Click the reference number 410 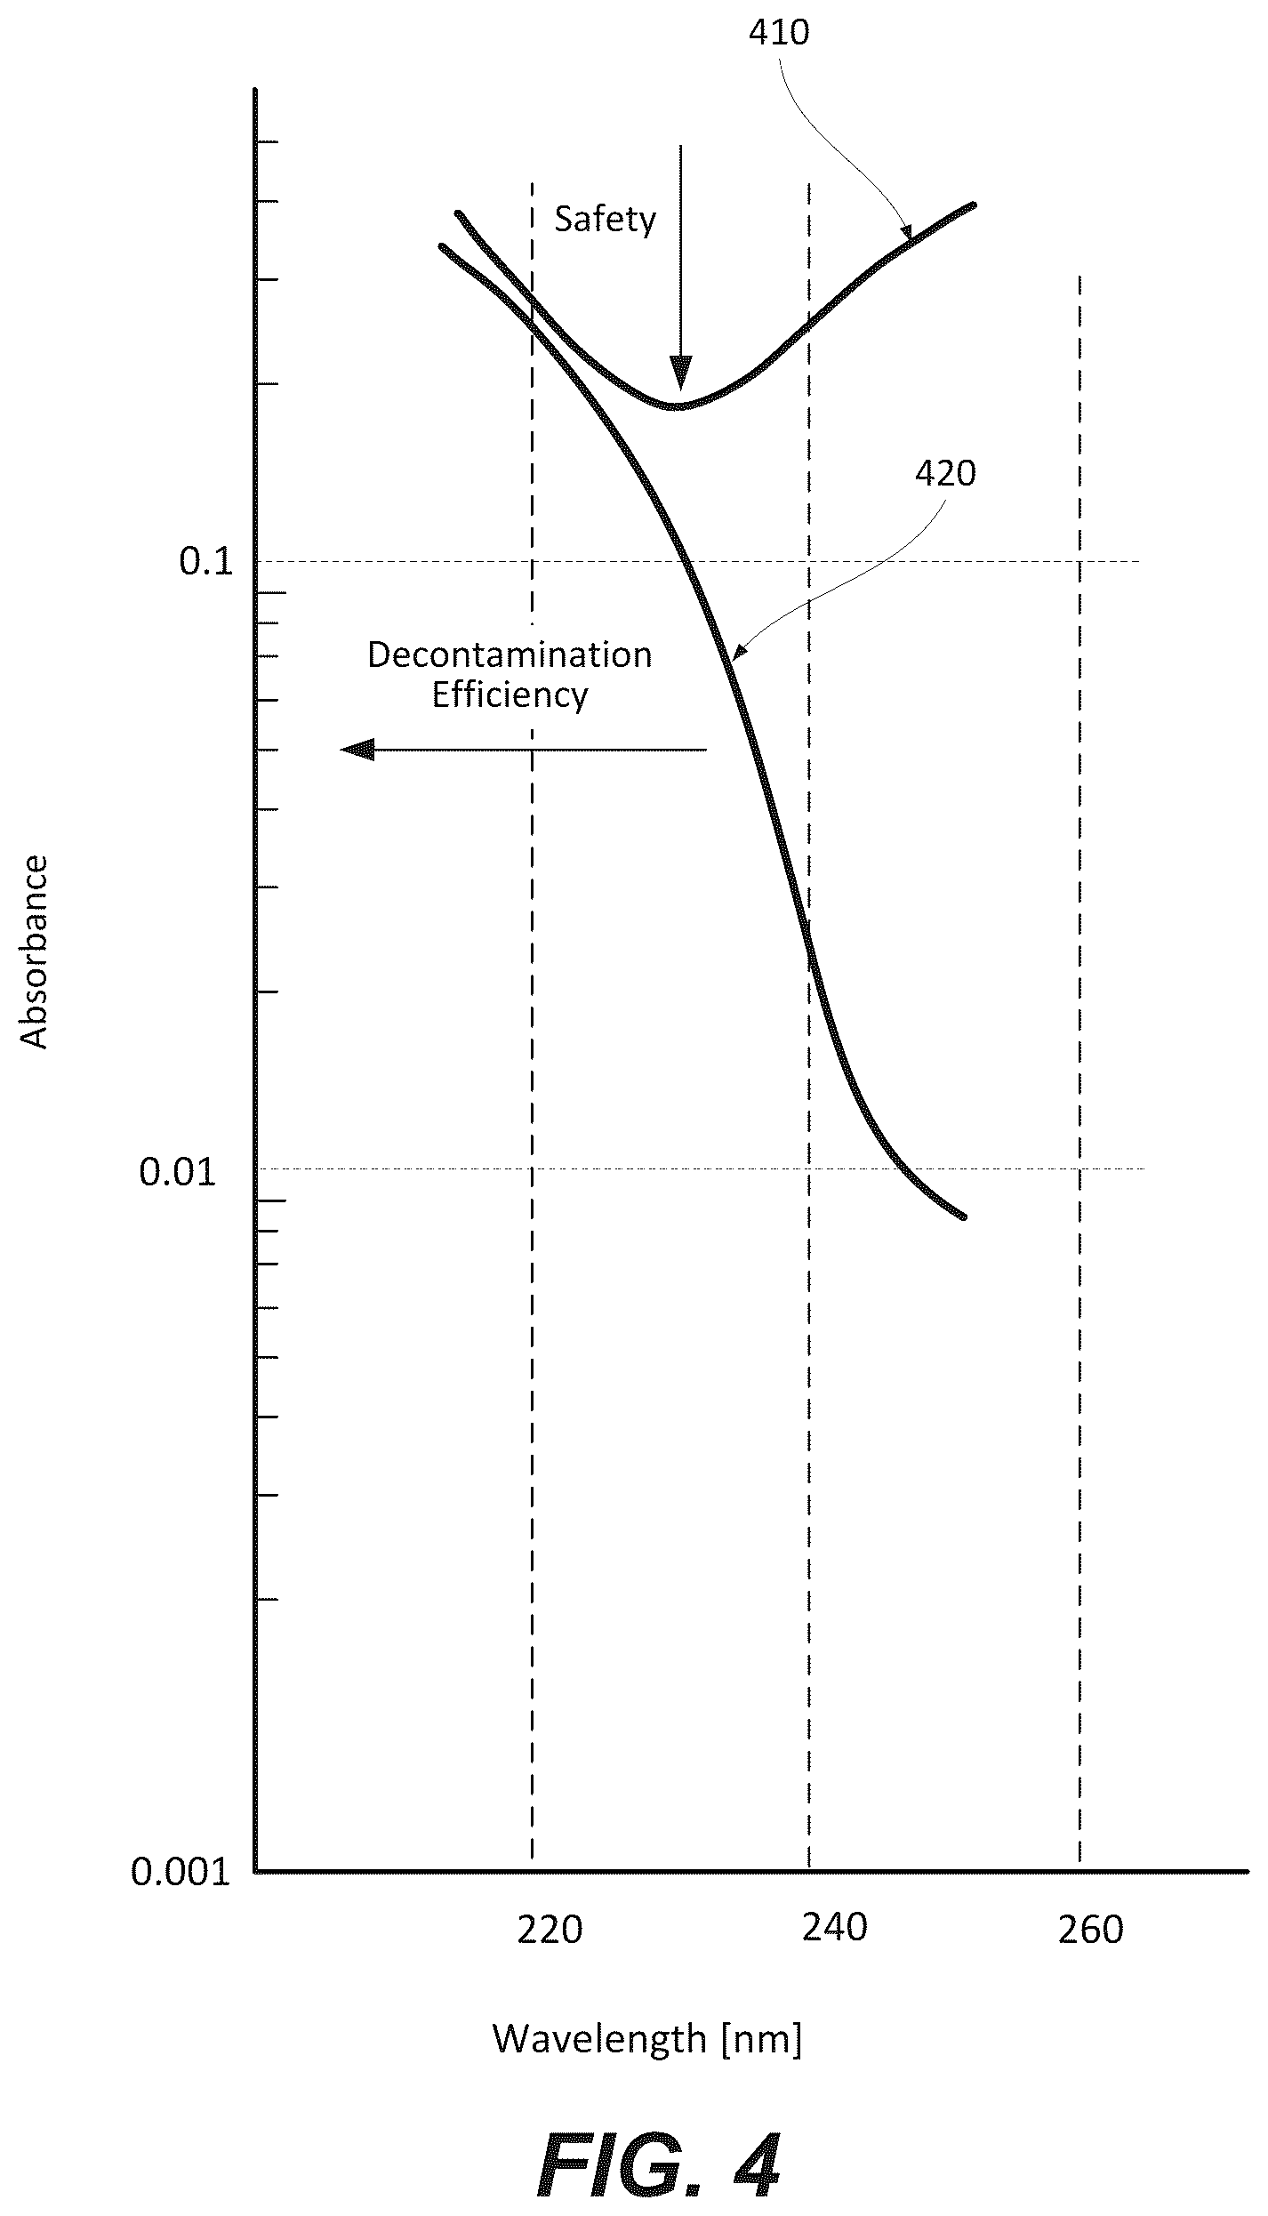tap(779, 33)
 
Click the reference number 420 tap(945, 473)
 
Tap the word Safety tap(605, 219)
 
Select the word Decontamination tap(510, 654)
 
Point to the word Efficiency tap(510, 695)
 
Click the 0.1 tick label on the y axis tap(205, 561)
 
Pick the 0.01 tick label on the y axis tap(178, 1173)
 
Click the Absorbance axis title tap(34, 952)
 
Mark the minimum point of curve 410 tap(677, 405)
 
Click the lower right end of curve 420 tap(963, 1216)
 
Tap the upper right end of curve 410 tap(974, 205)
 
